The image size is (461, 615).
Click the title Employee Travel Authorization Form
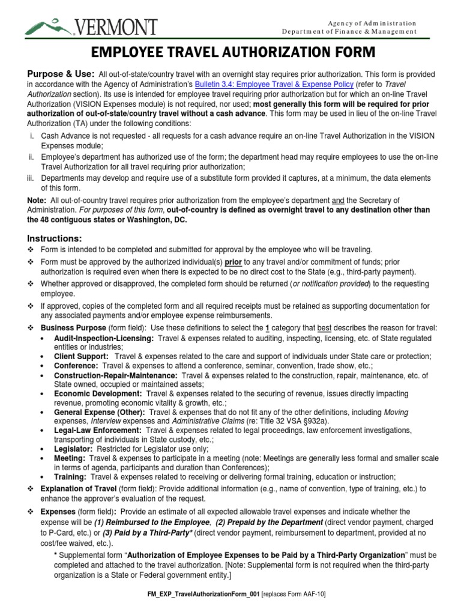[230, 52]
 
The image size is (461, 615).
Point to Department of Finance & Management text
[349, 31]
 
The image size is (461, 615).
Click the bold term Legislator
[73, 449]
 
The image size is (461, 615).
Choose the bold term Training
[70, 476]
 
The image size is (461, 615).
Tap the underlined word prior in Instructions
[234, 262]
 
